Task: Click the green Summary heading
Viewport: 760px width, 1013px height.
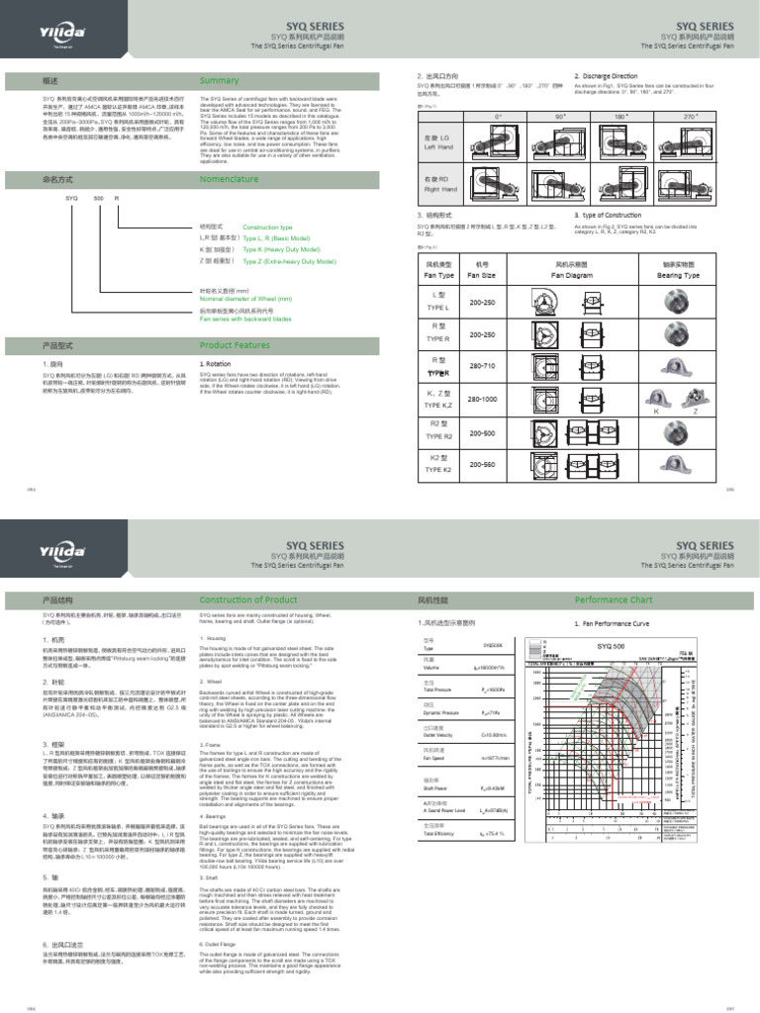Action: click(x=220, y=80)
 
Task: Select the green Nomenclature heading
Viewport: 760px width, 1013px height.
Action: click(x=229, y=179)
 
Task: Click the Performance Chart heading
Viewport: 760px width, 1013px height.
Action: click(x=641, y=599)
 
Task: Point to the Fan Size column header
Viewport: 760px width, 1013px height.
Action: click(x=482, y=276)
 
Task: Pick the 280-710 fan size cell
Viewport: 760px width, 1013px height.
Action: click(x=482, y=365)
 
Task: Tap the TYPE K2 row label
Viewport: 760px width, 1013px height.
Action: click(x=438, y=470)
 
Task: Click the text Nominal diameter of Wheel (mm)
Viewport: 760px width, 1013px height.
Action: click(x=245, y=298)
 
